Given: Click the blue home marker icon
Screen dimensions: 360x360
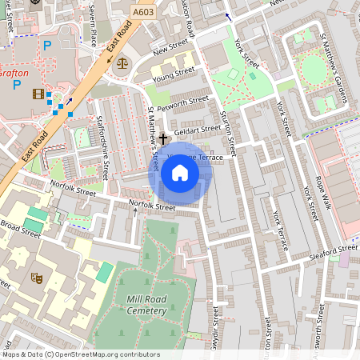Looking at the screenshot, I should tap(180, 173).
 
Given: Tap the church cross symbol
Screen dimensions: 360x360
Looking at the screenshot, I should tap(162, 138).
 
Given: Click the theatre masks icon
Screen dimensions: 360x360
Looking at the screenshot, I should tap(36, 278).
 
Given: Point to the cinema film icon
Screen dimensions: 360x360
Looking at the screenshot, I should tap(38, 94).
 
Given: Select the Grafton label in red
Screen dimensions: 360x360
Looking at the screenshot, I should tap(14, 73).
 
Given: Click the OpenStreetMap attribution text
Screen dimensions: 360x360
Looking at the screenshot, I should tap(80, 354).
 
